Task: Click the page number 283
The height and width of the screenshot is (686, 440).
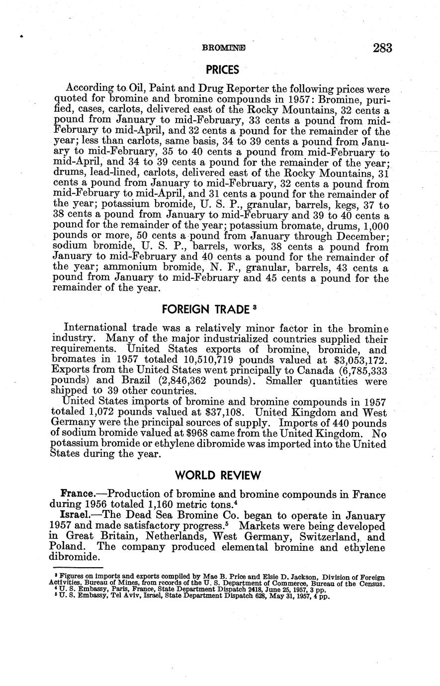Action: click(381, 48)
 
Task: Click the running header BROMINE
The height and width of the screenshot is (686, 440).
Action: click(224, 48)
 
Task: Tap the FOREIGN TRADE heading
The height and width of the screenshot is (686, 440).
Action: click(205, 310)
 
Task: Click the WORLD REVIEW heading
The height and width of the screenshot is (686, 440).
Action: click(218, 476)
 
